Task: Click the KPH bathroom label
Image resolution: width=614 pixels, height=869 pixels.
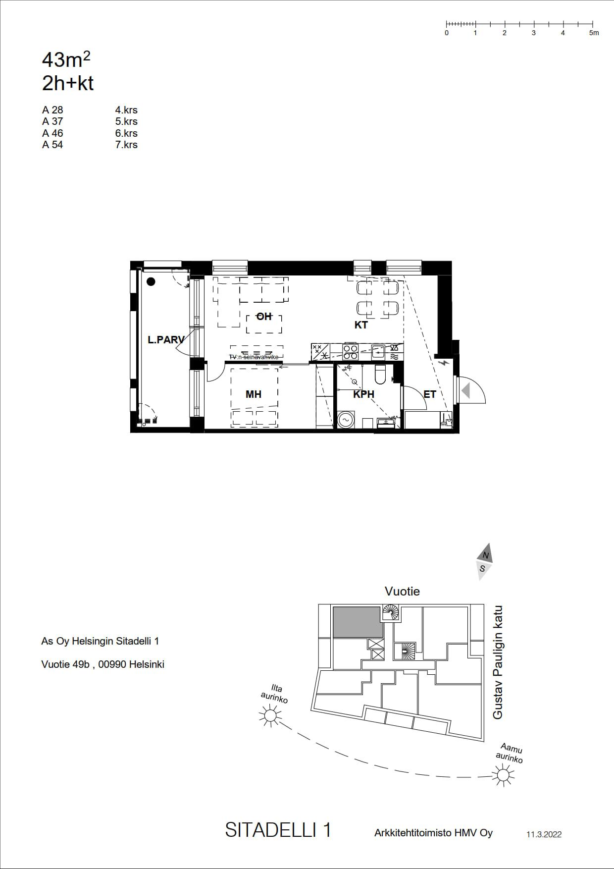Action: tap(363, 394)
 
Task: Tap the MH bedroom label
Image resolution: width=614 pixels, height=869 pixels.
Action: tap(254, 394)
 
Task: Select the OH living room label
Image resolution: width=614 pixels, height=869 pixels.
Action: tap(264, 316)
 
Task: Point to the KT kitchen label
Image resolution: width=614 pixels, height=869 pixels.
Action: tap(361, 325)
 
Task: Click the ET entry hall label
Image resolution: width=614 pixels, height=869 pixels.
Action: tap(430, 394)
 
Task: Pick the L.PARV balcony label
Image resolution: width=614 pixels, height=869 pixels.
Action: tap(166, 340)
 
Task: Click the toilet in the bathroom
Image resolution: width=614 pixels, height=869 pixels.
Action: tap(380, 375)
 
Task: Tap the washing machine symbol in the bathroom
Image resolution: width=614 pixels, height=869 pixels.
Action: tap(345, 420)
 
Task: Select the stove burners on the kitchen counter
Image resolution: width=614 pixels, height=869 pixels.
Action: tap(351, 352)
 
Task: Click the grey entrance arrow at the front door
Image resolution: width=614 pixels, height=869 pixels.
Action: tap(465, 391)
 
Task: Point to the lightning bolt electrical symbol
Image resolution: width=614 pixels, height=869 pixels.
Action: tap(445, 363)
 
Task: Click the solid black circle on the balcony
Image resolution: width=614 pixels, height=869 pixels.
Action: tap(151, 282)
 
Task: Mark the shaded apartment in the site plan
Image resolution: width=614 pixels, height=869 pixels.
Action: tap(358, 622)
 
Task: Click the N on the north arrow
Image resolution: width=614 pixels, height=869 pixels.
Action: tap(486, 555)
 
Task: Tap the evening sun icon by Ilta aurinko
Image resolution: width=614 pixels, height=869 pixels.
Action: tap(270, 715)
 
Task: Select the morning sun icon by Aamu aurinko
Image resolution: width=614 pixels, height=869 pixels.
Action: tap(504, 774)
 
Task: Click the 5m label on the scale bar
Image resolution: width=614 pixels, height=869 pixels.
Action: tap(594, 33)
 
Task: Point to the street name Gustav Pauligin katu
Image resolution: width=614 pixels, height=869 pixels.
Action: tap(498, 662)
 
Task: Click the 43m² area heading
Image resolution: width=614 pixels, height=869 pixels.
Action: tap(66, 60)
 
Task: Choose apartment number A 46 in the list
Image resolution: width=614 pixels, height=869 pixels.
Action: tap(52, 133)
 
